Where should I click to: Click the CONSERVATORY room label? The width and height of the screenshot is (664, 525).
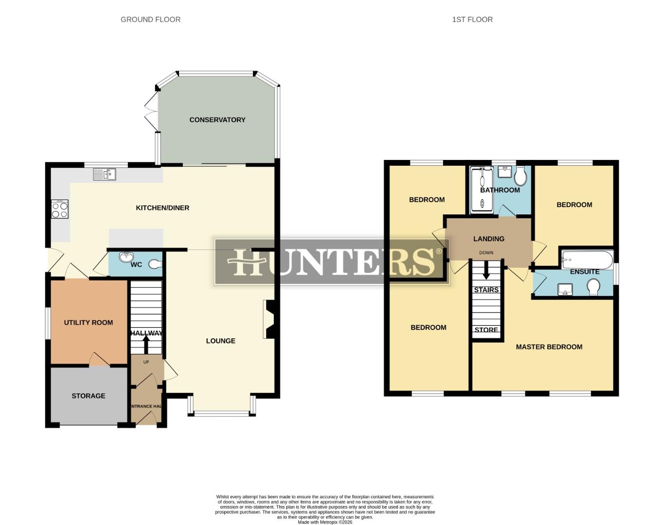coord(217,120)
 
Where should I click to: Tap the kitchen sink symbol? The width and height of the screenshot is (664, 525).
coord(105,174)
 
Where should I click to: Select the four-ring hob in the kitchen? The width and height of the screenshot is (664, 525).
coord(60,210)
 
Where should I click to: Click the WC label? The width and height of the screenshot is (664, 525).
coord(136,264)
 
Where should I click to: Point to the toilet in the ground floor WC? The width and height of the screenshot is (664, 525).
coord(154,264)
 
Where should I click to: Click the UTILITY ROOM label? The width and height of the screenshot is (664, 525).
coord(89,322)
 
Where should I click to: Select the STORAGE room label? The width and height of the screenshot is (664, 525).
coord(89,396)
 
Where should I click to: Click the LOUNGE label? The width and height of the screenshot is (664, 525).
coord(220,341)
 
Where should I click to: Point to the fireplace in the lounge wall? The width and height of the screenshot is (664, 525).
coord(269,319)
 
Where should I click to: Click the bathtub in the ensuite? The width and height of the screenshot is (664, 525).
coord(587,260)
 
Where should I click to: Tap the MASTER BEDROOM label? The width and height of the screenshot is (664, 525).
coord(549,347)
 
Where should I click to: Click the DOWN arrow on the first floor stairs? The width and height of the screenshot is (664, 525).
coord(486,270)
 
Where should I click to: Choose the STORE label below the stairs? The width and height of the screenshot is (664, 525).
coord(486,330)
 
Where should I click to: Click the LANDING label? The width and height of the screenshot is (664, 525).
coord(489,239)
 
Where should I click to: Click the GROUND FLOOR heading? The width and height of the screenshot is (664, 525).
coord(150,19)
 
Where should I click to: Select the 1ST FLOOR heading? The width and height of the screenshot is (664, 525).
coord(472,19)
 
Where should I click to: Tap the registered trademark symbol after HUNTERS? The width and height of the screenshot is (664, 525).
coord(439,251)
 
